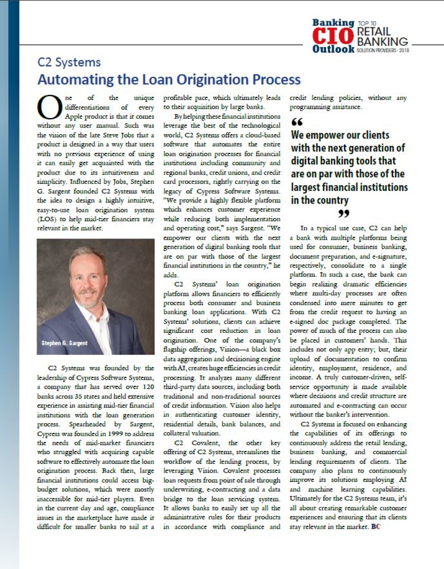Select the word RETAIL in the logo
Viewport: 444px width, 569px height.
(375, 31)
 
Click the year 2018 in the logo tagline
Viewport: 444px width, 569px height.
(404, 50)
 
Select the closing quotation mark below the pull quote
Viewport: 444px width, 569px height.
(343, 213)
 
